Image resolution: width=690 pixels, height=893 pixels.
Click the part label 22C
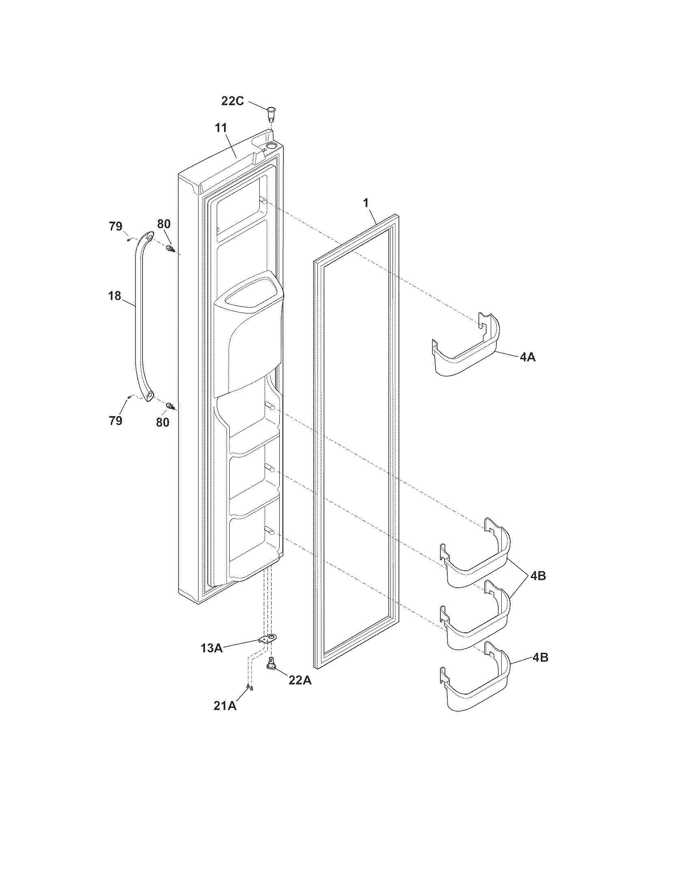[x=233, y=101]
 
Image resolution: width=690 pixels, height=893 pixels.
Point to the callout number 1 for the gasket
[x=366, y=202]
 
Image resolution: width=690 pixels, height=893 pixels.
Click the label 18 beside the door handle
[x=115, y=296]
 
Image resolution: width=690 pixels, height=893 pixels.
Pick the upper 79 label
[x=116, y=226]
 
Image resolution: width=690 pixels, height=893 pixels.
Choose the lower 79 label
[x=116, y=421]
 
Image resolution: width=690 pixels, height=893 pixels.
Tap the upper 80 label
[x=164, y=224]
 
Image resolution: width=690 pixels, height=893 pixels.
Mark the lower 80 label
[x=163, y=422]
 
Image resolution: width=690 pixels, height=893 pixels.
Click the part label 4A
[x=528, y=357]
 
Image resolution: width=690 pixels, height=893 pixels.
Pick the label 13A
[x=211, y=648]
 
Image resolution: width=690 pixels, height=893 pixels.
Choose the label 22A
[x=300, y=680]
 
